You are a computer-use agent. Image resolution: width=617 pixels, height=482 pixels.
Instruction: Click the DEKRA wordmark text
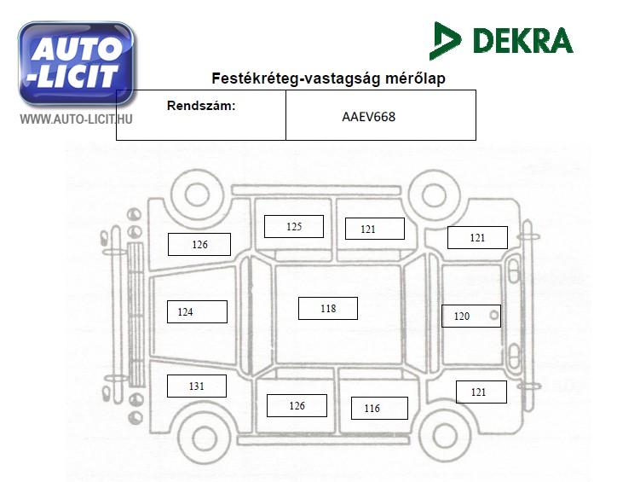point(522,41)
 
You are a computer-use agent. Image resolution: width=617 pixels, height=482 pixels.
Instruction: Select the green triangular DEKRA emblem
point(445,41)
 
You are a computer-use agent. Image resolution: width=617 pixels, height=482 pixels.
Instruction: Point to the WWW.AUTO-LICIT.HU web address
point(77,119)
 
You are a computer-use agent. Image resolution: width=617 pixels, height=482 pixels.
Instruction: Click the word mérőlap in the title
point(415,78)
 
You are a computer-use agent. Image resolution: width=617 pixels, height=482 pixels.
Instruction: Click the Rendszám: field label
point(201,106)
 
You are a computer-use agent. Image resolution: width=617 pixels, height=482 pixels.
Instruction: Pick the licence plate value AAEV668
point(369,117)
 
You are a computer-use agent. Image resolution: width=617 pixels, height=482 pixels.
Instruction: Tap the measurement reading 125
point(294,226)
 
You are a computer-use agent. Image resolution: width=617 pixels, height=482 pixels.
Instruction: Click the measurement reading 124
point(185,312)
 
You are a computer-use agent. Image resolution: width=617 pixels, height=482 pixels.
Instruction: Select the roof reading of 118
point(328,308)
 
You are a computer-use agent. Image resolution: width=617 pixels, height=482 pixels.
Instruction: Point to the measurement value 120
point(462,316)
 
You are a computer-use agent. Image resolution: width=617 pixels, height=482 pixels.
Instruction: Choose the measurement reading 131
point(196,386)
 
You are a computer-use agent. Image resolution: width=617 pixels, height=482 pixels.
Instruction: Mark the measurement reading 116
point(372,409)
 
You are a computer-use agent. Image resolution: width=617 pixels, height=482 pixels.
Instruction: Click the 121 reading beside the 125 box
point(368,229)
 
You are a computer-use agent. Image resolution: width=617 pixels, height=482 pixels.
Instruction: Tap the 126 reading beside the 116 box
point(297,405)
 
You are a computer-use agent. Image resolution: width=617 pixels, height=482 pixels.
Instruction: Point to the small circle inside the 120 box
point(493,315)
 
